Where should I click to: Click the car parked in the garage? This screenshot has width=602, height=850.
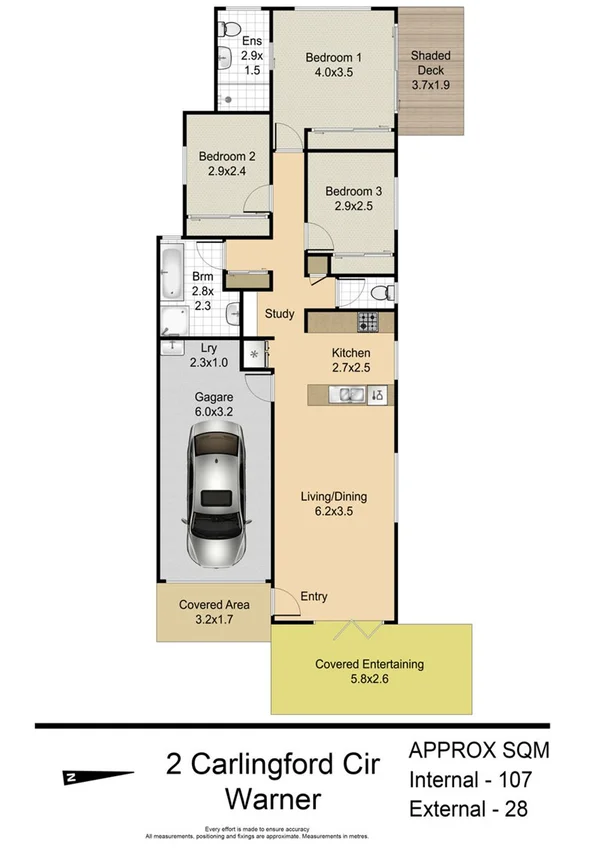click(x=215, y=495)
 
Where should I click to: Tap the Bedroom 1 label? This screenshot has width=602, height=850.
click(x=333, y=65)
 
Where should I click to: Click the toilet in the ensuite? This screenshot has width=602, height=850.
click(x=229, y=28)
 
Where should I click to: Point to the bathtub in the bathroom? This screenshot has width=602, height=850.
click(x=169, y=268)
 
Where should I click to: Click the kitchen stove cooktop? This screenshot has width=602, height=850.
click(x=368, y=323)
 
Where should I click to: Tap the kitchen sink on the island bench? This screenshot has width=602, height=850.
click(x=350, y=395)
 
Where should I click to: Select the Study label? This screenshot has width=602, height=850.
click(x=279, y=314)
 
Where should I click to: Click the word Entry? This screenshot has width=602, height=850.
click(x=314, y=597)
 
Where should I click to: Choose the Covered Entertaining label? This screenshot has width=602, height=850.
click(x=369, y=671)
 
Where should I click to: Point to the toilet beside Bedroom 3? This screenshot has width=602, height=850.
click(x=379, y=292)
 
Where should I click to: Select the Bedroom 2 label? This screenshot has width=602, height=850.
click(x=227, y=163)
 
